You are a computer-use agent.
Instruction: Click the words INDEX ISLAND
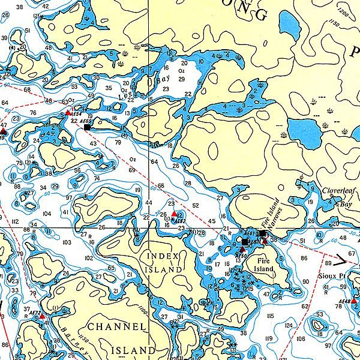pyautogui.click(x=163, y=263)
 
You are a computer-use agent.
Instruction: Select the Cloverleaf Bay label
pyautogui.click(x=337, y=197)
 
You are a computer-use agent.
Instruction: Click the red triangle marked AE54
pyautogui.click(x=68, y=112)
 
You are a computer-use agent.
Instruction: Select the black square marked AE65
pyautogui.click(x=88, y=127)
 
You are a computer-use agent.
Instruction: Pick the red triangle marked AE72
pyautogui.click(x=42, y=314)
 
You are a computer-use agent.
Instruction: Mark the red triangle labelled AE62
pyautogui.click(x=174, y=214)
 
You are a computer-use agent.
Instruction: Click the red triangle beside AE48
pyautogui.click(x=354, y=299)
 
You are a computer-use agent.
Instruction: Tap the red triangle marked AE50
pyautogui.click(x=242, y=250)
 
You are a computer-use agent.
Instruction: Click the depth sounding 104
pyautogui.click(x=47, y=213)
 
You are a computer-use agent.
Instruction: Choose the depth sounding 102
pyautogui.click(x=89, y=257)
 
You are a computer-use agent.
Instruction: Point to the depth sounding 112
pyautogui.click(x=15, y=221)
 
